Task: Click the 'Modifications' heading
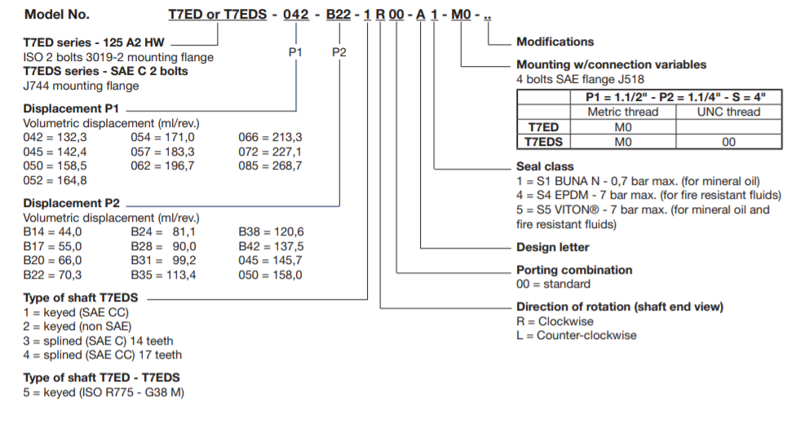pos(555,42)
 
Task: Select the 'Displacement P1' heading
pos(71,108)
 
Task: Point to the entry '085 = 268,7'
pos(270,165)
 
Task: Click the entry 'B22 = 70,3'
pos(52,275)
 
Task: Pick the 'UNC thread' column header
pos(728,112)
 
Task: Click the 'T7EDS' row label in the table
pos(542,142)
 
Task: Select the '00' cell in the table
pos(728,142)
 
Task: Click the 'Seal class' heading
pos(546,166)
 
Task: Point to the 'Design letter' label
pos(552,247)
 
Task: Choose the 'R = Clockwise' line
pos(555,321)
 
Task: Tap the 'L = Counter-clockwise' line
pos(577,335)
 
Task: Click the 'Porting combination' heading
pos(574,270)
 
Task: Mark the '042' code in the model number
pos(295,15)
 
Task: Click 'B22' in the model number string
pos(339,15)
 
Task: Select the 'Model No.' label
pos(57,15)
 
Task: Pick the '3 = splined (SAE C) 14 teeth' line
pos(98,341)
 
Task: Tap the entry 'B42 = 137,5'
pos(271,246)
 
